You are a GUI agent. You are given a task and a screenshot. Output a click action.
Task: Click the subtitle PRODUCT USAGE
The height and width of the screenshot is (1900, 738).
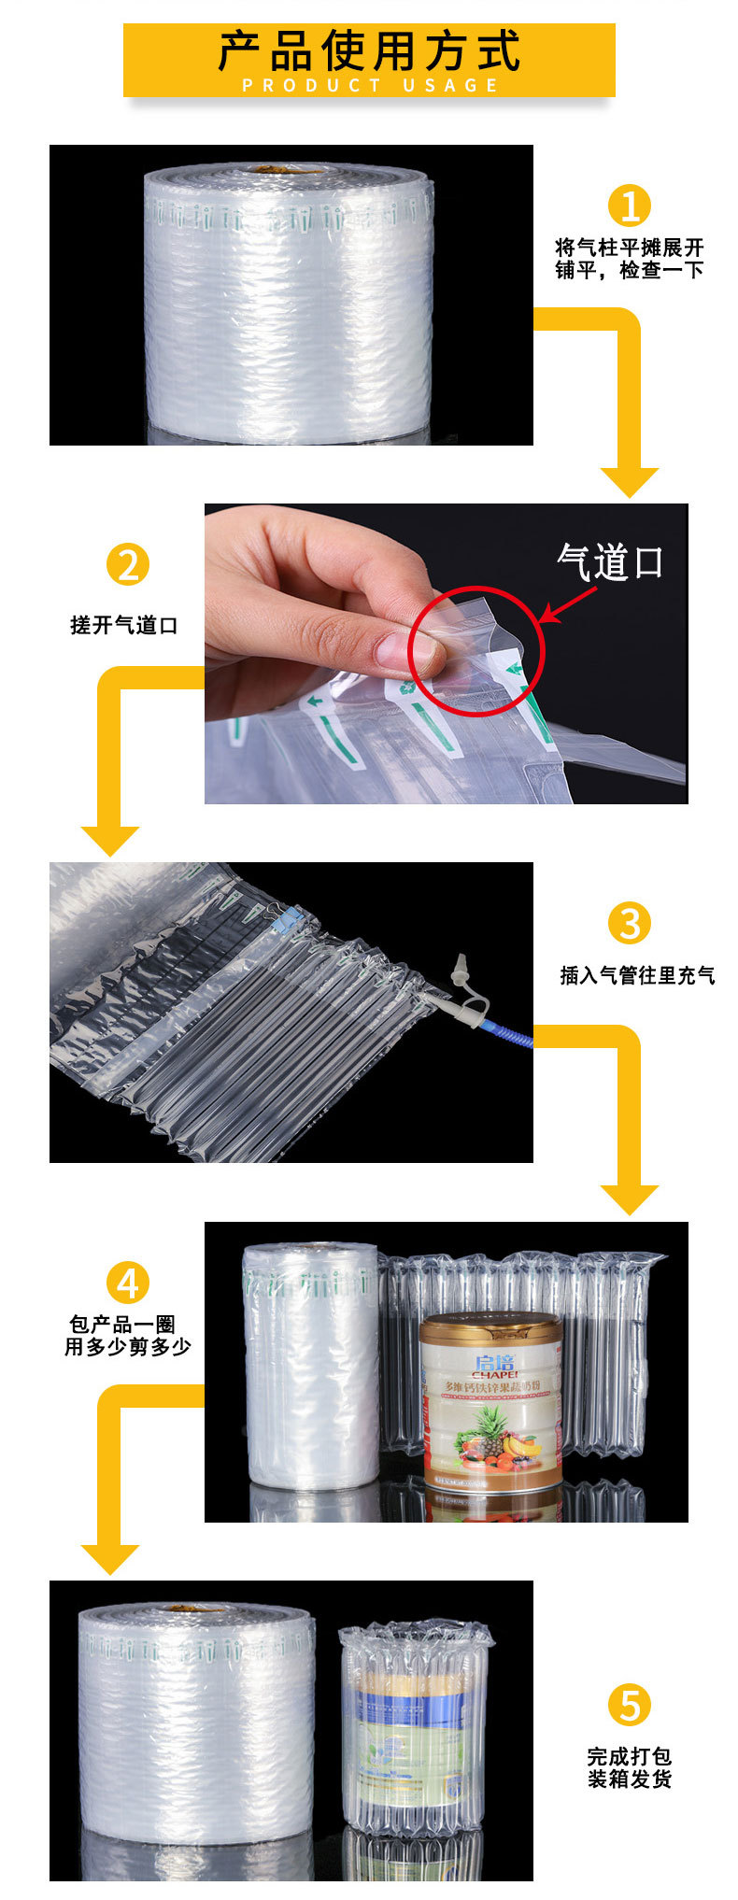pos(371,85)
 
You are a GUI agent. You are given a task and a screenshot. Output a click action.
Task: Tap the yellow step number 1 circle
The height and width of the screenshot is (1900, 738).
pos(630,205)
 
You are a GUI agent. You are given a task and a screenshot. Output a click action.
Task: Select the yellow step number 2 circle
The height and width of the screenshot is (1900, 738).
pos(127,564)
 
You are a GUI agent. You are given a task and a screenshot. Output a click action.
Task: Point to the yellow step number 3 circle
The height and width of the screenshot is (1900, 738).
pos(630,923)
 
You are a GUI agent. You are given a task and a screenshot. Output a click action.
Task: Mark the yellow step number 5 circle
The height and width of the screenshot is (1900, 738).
pos(630,1705)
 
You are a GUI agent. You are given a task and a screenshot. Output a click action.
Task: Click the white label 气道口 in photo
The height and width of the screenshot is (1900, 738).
pos(609,562)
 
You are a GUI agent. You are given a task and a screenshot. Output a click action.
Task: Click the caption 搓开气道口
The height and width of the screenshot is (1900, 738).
pos(124,625)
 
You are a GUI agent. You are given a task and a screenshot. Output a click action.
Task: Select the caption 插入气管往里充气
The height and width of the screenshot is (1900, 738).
pos(637,975)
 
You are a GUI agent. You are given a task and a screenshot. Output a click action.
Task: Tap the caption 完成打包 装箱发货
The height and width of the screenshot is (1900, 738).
pos(630,1767)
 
